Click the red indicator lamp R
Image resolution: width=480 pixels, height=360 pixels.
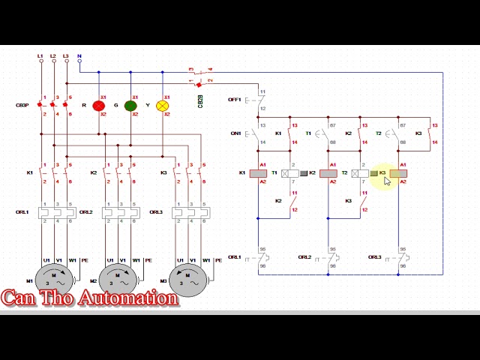pos(98,106)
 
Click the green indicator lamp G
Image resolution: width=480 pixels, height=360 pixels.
pos(130,106)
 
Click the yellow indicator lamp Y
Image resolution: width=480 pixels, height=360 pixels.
pos(163,106)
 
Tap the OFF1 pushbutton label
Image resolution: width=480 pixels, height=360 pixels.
pos(235,99)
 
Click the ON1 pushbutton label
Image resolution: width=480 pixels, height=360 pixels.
pos(235,133)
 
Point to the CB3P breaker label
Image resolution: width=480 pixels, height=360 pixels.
pos(23,105)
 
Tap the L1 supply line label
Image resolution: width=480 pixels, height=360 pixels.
pos(40,56)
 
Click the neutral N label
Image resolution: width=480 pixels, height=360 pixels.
pos(79,56)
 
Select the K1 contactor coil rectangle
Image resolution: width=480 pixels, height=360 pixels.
pos(258,173)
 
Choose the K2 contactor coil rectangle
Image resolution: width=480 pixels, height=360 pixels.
pos(328,173)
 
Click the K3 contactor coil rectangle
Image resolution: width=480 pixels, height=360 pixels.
pos(398,173)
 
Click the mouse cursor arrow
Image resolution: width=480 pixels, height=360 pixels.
pos(387,181)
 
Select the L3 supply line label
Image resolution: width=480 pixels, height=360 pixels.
pos(66,56)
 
